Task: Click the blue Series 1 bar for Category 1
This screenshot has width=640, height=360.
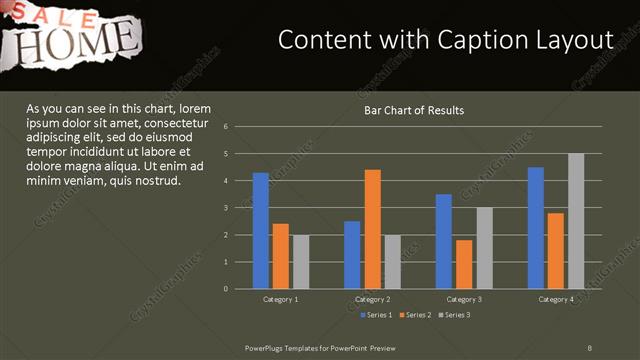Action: pos(260,230)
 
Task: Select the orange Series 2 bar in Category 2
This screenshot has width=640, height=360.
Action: pos(372,229)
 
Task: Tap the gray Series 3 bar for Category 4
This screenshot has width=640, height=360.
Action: pos(576,221)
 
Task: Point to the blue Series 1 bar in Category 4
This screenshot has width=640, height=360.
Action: pos(536,228)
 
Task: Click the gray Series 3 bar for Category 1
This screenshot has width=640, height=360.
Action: pos(301,262)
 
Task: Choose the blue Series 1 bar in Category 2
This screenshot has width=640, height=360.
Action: pos(352,255)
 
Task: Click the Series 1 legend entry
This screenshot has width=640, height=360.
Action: pos(376,315)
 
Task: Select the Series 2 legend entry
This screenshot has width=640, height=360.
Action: pos(414,315)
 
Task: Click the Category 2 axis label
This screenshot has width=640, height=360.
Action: pos(372,299)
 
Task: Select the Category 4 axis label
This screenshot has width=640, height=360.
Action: pos(556,299)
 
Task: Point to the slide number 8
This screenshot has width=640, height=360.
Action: pos(590,346)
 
